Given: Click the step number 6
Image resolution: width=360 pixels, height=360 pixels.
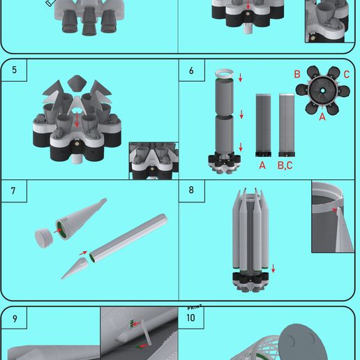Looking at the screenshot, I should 191,70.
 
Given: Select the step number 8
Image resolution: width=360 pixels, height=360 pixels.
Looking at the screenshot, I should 191,190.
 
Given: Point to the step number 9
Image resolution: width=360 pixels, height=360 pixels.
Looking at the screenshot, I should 14,318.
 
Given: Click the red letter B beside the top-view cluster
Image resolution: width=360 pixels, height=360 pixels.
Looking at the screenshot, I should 297,74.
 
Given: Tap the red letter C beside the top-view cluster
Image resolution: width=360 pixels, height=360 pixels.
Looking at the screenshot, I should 347,74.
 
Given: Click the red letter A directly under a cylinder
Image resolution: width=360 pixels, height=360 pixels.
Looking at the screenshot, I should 262,165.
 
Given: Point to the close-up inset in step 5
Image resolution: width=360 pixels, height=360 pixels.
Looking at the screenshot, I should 153,160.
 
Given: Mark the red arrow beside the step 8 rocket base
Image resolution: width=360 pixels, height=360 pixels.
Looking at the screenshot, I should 273,269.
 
